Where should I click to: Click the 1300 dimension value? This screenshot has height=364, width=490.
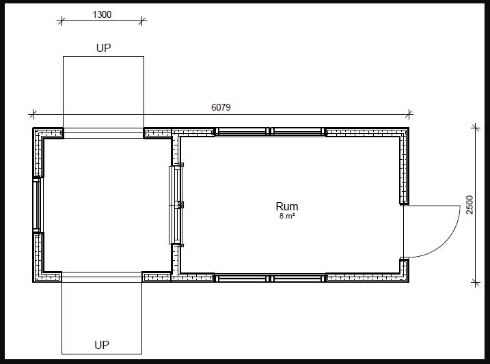tap(102, 14)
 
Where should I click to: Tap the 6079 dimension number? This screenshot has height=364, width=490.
tap(221, 107)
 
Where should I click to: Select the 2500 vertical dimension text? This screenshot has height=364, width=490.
tap(469, 205)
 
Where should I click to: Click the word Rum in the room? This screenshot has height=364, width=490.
tap(287, 206)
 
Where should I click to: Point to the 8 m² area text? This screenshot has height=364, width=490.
tap(287, 216)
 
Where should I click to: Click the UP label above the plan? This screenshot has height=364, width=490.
tap(103, 48)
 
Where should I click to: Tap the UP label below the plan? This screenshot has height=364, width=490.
tap(102, 345)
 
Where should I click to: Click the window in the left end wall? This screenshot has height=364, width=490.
tap(37, 205)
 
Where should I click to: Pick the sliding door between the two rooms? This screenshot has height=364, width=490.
tap(176, 205)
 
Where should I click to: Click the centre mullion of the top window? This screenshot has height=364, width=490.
tap(270, 131)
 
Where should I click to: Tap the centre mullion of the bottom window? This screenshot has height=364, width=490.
tap(270, 278)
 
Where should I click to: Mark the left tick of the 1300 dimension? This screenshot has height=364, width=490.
tap(62, 21)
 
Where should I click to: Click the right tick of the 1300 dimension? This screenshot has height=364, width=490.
tap(142, 21)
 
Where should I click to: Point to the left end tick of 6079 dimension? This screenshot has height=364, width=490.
tap(33, 114)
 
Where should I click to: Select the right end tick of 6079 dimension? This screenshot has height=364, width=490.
tap(409, 114)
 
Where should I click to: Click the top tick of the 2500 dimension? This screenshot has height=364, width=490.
tap(476, 128)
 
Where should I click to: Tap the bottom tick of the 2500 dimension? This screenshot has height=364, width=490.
tap(476, 283)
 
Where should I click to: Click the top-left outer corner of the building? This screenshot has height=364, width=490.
tap(33, 128)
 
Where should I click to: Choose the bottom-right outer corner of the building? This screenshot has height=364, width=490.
tap(409, 282)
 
